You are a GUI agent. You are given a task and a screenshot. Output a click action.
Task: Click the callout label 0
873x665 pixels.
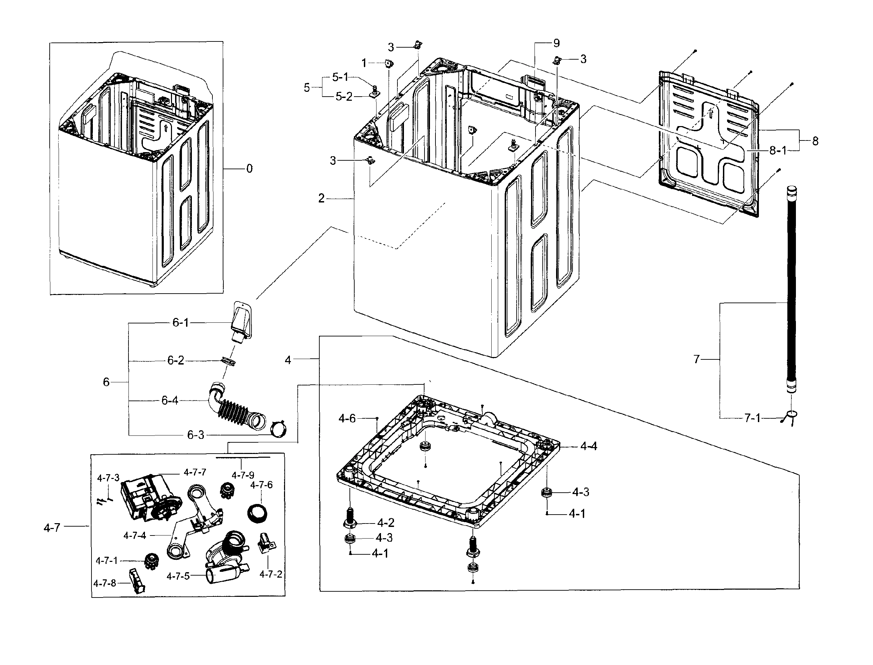249,169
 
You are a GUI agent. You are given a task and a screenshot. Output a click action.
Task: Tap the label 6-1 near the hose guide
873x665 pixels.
181,323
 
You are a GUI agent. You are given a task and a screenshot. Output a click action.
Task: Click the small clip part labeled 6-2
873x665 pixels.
227,361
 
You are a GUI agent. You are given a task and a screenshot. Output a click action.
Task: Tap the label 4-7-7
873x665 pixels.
195,472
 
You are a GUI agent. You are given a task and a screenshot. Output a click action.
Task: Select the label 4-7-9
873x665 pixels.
243,475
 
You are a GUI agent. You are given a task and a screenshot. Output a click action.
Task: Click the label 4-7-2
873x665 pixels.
271,574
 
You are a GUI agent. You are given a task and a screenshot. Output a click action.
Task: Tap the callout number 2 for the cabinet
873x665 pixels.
321,198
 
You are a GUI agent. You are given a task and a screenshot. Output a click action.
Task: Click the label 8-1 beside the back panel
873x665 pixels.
778,150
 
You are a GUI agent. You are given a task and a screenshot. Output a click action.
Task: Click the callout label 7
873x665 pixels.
697,359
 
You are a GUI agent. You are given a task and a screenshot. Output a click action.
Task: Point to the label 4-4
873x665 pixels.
589,446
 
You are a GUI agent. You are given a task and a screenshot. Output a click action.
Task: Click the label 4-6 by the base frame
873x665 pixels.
347,418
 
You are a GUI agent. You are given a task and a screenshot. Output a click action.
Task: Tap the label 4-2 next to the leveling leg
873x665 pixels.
385,523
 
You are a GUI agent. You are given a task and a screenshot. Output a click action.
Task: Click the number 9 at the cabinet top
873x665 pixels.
556,43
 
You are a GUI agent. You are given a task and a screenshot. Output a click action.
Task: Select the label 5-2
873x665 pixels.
344,97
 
